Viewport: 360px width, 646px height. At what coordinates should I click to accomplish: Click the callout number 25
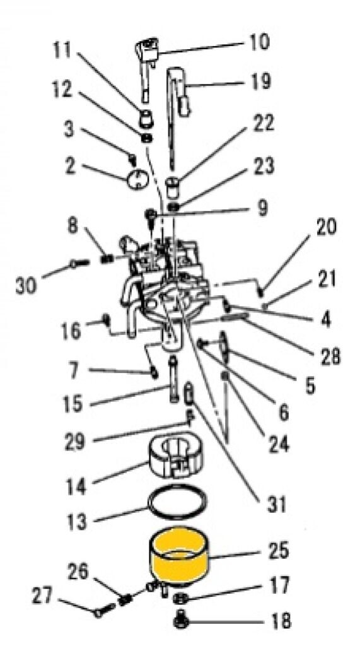279,551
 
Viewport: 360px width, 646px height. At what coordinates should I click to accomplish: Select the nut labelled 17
179,597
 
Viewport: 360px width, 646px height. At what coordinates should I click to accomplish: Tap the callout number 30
26,285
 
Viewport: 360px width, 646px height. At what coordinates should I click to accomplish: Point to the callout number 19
260,81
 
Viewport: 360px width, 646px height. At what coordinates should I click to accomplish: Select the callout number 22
263,123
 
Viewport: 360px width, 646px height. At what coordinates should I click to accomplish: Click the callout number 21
327,279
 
